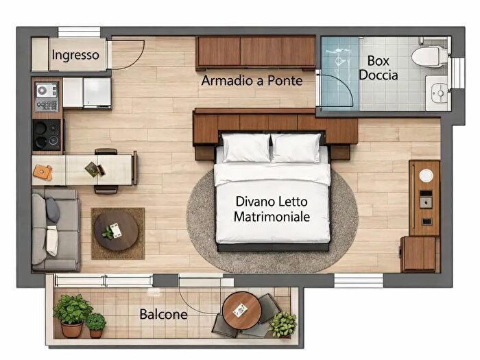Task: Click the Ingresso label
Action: [x=75, y=55]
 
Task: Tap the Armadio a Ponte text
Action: [x=252, y=81]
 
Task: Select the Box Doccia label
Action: [x=378, y=67]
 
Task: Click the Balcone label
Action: [x=164, y=315]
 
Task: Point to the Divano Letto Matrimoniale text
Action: [x=272, y=210]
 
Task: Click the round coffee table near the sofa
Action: [x=116, y=230]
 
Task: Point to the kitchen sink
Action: [x=47, y=96]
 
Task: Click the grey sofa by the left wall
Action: [x=54, y=230]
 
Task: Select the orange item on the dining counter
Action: [x=43, y=172]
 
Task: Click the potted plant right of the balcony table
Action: [x=282, y=323]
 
